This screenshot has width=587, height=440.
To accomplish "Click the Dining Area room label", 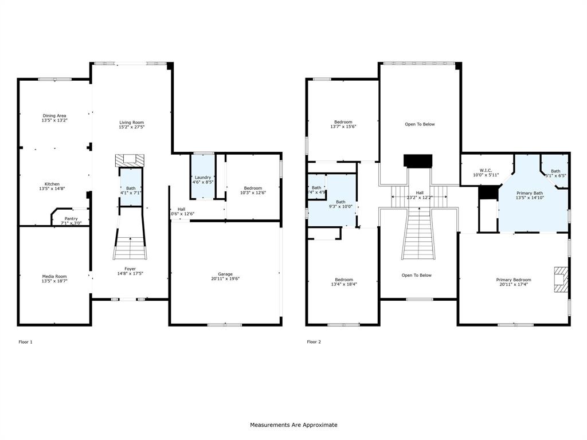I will (x=54, y=116).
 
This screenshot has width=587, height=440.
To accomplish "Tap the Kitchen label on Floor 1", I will (x=52, y=184).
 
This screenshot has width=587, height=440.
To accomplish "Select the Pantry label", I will (x=71, y=218).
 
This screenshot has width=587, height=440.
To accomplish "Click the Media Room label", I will (x=54, y=276).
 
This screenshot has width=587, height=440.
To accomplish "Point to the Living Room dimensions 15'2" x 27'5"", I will (x=131, y=127).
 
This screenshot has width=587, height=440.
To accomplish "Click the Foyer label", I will (x=131, y=269).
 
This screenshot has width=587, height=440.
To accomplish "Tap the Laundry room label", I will (x=203, y=177).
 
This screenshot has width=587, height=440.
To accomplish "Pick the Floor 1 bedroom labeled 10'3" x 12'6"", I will (x=253, y=188).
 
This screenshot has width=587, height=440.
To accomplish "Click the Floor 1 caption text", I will (x=26, y=342).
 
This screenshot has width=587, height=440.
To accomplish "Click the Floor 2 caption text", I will (x=314, y=342).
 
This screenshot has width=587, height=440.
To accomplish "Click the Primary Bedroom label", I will (x=514, y=280).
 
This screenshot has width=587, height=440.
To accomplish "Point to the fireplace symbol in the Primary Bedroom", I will (x=560, y=279).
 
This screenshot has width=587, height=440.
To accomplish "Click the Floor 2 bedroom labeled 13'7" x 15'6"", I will (x=343, y=121).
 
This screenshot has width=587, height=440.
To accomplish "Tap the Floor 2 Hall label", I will (x=420, y=192).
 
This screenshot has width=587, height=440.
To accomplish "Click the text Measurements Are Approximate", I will (x=293, y=425).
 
